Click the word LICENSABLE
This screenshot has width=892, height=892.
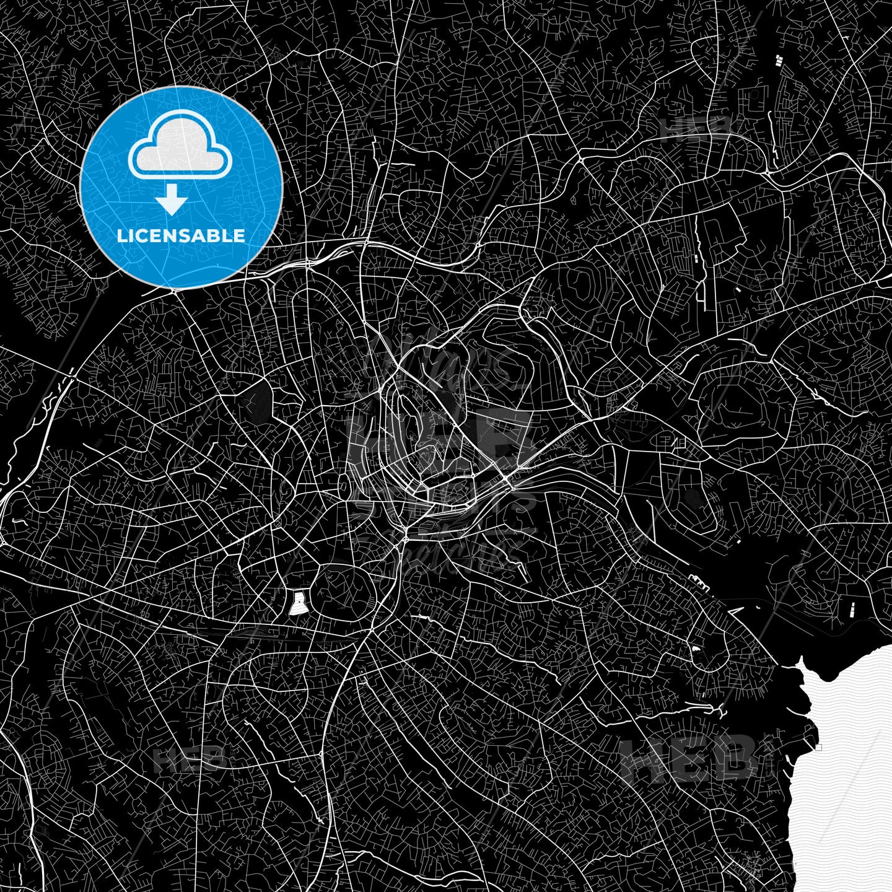coord(181,236)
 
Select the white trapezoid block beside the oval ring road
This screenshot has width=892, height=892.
coord(299,603)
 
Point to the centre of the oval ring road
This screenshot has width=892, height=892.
coord(344,592)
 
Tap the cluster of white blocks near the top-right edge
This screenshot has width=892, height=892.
coord(779,61)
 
